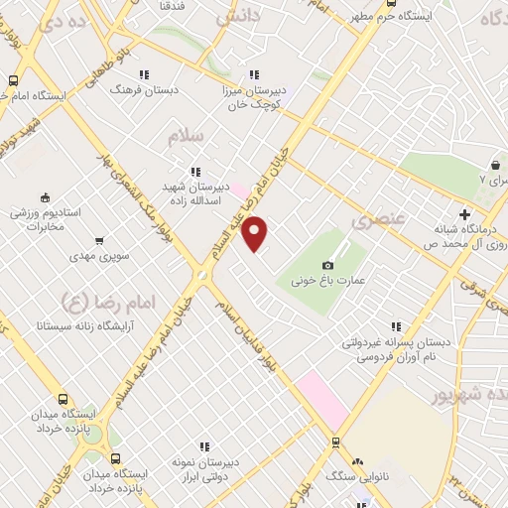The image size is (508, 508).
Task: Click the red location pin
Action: pos(255,233)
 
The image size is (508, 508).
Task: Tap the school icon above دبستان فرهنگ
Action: pos(144,73)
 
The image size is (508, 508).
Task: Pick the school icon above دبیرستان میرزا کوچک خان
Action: pos(254,73)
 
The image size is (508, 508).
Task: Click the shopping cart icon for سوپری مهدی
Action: pos(99,240)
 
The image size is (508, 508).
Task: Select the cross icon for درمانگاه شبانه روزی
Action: pos(464,213)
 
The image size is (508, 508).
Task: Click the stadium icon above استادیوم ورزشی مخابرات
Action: pos(44,197)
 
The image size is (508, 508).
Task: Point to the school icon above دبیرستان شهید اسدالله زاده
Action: pos(194,170)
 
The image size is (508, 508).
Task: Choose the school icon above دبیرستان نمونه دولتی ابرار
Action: pos(205,447)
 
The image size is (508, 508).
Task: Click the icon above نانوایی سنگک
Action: pos(357,461)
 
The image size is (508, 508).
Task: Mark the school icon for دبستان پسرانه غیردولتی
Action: pos(396,325)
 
